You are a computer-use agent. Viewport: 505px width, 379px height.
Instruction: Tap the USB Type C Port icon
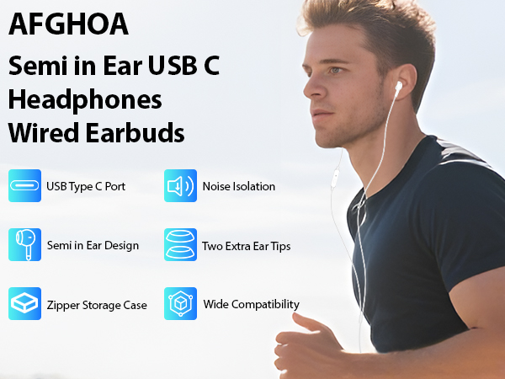tap(24, 185)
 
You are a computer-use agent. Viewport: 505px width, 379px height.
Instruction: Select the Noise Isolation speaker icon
tap(180, 185)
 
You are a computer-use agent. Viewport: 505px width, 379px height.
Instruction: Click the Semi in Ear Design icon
tap(24, 244)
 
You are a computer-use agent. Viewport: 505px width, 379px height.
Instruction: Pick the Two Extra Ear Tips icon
tap(180, 244)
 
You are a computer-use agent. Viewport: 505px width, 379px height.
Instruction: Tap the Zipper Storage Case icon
tap(24, 303)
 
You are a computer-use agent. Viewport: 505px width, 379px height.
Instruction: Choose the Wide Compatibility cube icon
tap(180, 303)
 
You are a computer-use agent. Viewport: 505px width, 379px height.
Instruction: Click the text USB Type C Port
tap(86, 186)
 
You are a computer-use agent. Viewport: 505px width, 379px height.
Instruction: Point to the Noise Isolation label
tap(238, 186)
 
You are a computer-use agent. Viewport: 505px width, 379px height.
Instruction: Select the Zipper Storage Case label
tap(96, 305)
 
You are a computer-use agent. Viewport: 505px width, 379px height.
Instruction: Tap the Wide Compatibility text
tap(251, 304)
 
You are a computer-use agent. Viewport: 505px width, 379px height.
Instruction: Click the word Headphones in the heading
tap(85, 99)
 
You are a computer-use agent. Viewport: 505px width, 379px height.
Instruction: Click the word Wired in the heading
tap(41, 133)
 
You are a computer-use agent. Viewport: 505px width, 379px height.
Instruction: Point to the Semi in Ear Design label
tap(93, 246)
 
